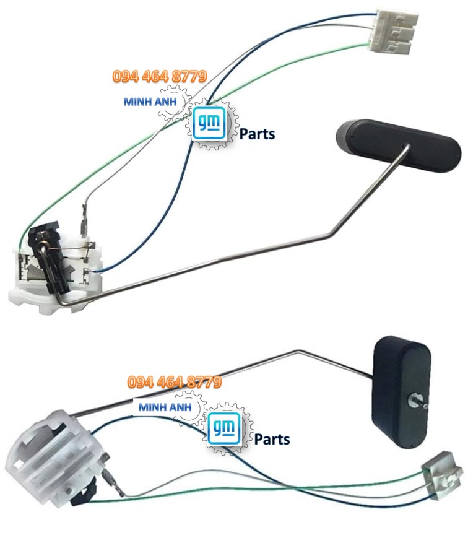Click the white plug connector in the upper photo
pyautogui.click(x=394, y=31)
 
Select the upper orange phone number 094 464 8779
pyautogui.click(x=159, y=77)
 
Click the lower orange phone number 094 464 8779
pyautogui.click(x=174, y=382)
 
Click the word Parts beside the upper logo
pyautogui.click(x=257, y=133)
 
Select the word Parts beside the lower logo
pyautogui.click(x=272, y=439)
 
